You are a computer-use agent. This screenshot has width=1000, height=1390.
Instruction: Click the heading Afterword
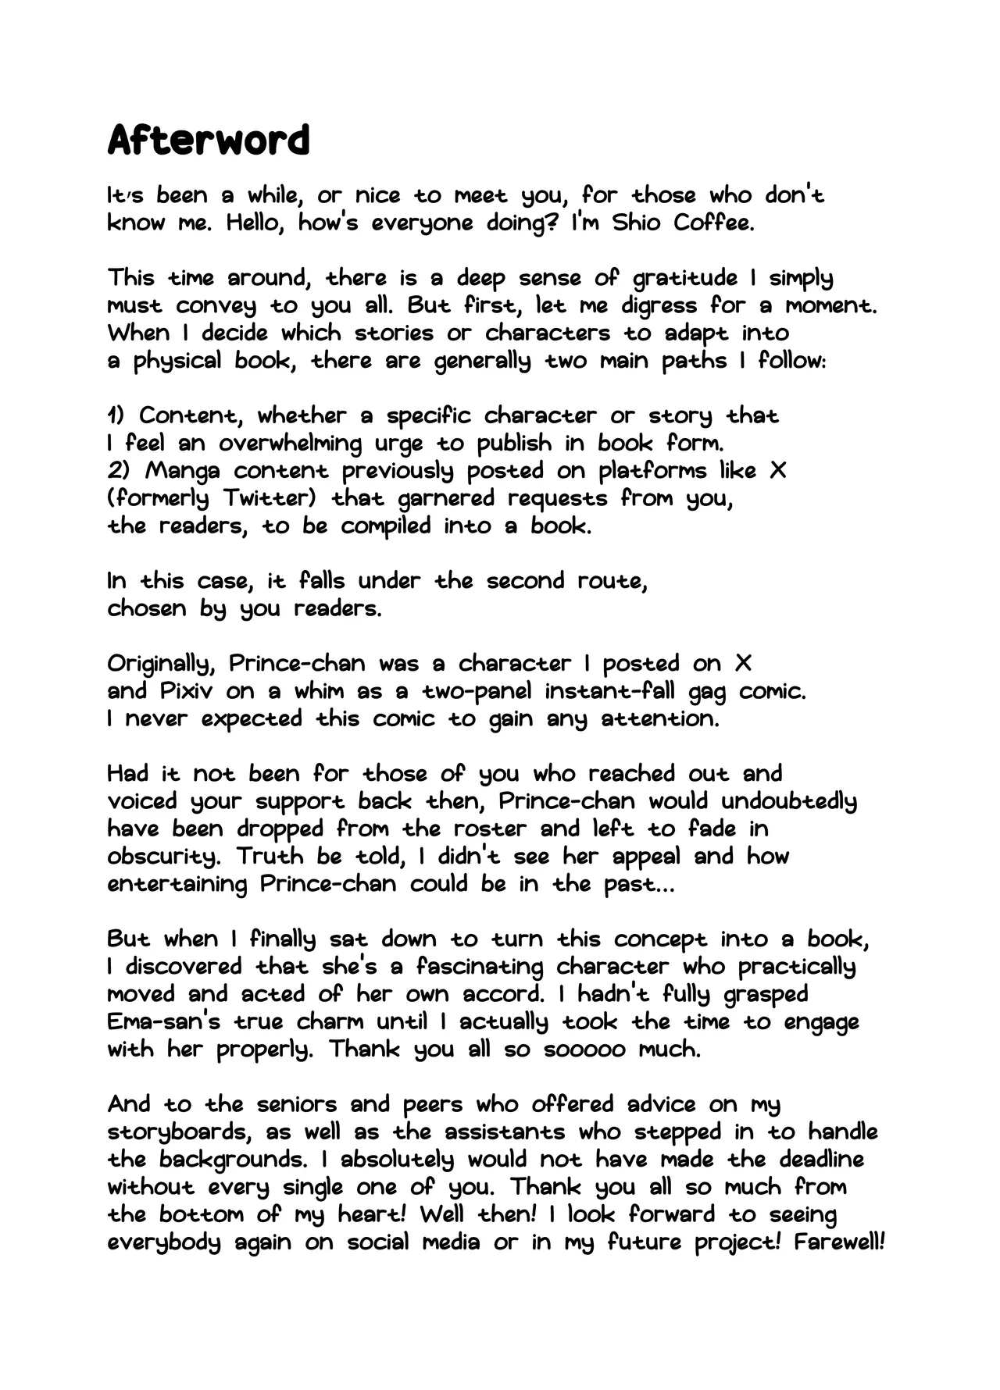pos(208,141)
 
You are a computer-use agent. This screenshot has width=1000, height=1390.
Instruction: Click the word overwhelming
pos(290,444)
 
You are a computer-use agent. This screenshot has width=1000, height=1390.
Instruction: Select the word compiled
pos(385,526)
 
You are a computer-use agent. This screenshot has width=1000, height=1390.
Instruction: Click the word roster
pos(490,829)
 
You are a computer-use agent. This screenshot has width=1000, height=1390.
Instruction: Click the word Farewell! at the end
pos(838,1242)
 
